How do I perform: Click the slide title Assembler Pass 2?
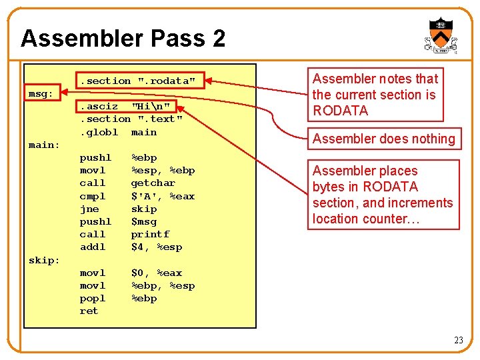(123, 38)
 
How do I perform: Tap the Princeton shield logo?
(440, 35)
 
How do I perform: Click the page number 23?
(458, 341)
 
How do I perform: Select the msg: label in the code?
(41, 93)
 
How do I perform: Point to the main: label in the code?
(44, 145)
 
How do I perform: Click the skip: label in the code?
(44, 260)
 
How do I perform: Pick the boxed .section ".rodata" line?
(138, 81)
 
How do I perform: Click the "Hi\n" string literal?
(153, 106)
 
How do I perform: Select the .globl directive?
(99, 132)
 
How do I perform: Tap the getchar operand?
(153, 183)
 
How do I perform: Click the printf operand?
(150, 234)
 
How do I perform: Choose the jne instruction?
(89, 209)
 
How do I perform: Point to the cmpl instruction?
(93, 196)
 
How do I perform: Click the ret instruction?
(89, 311)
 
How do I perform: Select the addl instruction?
(93, 247)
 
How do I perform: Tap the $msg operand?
(143, 221)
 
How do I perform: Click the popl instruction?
(93, 298)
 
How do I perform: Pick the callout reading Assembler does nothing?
(383, 139)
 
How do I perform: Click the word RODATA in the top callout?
(340, 111)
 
